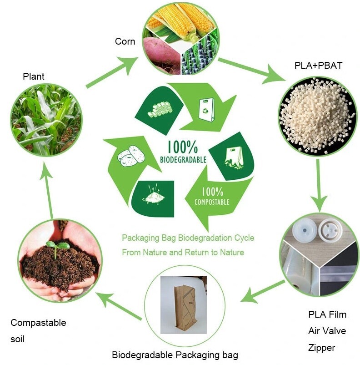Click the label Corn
coord(125,41)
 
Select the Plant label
coord(34,76)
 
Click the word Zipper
coord(321,348)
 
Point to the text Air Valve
coord(327,331)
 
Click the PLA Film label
coord(327,314)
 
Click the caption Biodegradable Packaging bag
coord(175,355)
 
